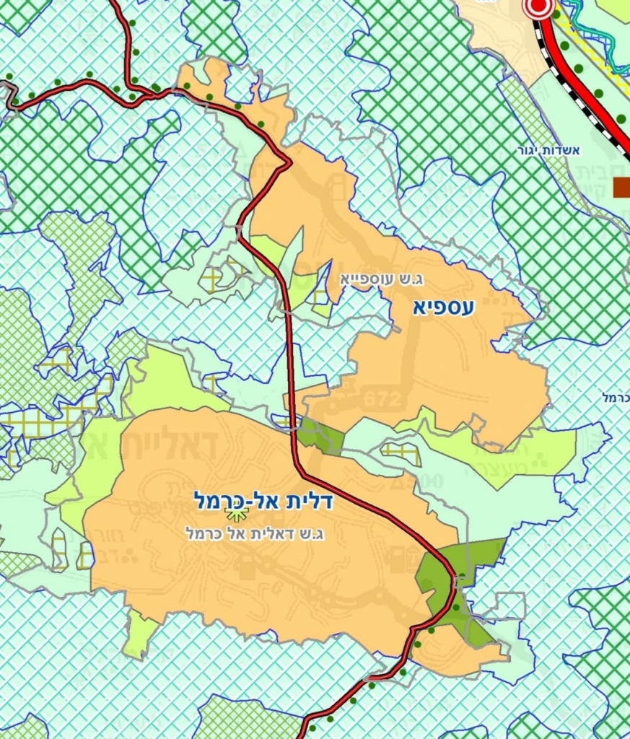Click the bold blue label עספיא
click(444, 307)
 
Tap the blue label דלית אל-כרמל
click(263, 500)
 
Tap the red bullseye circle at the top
click(538, 8)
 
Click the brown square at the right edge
click(621, 187)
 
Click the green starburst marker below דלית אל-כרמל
click(236, 513)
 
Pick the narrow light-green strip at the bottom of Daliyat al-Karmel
click(140, 633)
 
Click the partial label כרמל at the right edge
click(614, 398)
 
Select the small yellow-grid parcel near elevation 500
click(401, 452)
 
